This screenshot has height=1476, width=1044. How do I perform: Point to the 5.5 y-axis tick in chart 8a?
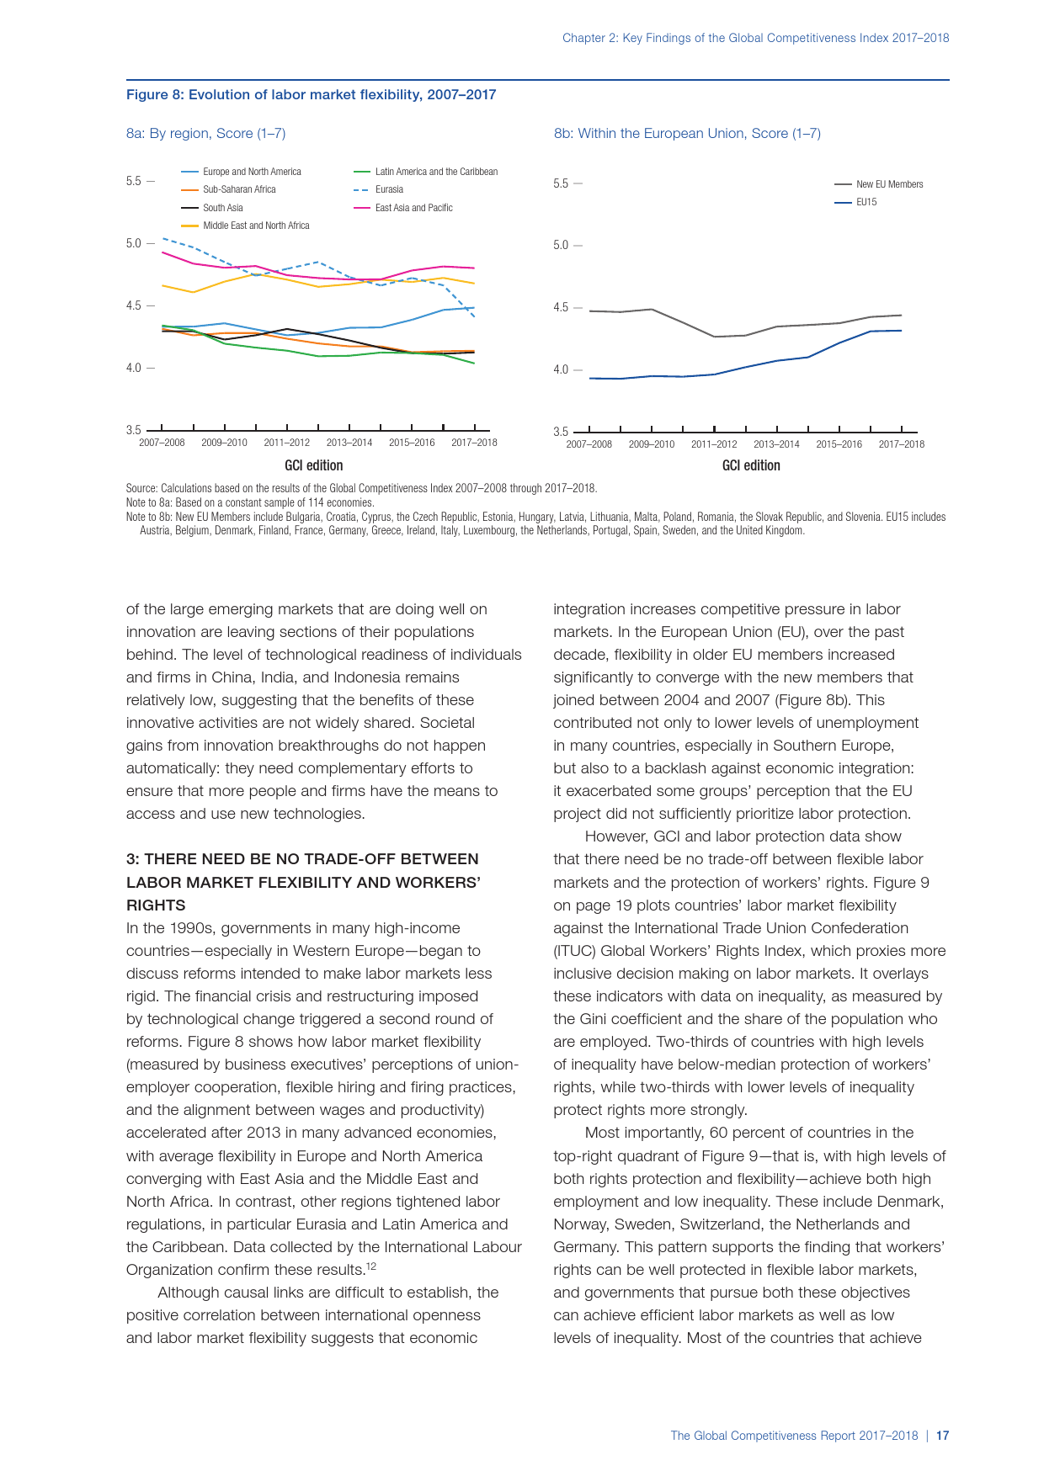pyautogui.click(x=134, y=181)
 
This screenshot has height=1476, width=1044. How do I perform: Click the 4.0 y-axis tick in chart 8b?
pyautogui.click(x=561, y=369)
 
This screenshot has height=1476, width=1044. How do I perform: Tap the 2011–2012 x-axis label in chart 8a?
pyautogui.click(x=286, y=443)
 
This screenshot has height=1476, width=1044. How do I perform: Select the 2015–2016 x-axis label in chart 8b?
pyautogui.click(x=839, y=444)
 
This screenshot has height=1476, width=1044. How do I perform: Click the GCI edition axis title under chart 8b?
pyautogui.click(x=751, y=465)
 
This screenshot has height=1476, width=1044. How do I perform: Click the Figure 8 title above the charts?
pyautogui.click(x=311, y=95)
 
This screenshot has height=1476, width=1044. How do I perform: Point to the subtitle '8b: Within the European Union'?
pyautogui.click(x=686, y=133)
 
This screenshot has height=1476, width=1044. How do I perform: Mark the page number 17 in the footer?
pyautogui.click(x=943, y=1436)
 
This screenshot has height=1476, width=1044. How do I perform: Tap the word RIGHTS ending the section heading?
pyautogui.click(x=156, y=905)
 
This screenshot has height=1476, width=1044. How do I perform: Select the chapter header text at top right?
pyautogui.click(x=755, y=38)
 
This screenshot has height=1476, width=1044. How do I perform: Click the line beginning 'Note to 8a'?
pyautogui.click(x=249, y=502)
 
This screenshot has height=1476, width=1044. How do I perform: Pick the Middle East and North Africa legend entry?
pyautogui.click(x=256, y=226)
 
